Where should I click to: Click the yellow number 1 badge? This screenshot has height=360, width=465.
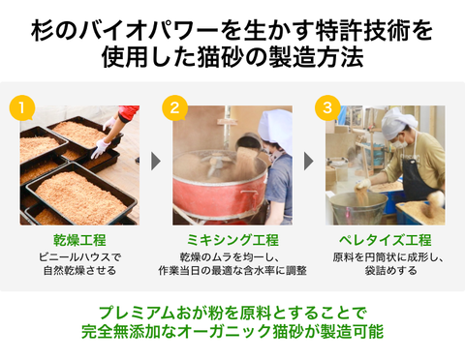click(22, 107)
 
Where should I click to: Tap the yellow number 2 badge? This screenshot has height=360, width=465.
click(174, 107)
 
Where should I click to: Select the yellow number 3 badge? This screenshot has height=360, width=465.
click(327, 107)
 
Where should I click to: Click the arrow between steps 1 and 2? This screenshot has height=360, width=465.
click(156, 161)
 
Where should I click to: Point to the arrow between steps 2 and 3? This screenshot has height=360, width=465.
click(308, 161)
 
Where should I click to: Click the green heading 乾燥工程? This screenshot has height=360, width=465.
click(79, 240)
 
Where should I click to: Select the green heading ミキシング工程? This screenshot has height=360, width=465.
click(232, 240)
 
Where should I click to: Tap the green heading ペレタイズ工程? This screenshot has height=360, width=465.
click(386, 240)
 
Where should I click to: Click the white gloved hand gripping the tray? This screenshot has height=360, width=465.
click(101, 148)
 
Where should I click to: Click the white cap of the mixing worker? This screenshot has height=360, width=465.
click(276, 129)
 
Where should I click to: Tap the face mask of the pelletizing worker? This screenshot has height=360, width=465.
click(399, 142)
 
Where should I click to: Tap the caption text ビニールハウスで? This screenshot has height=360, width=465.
click(79, 257)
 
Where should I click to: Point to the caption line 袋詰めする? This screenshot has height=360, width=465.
click(391, 270)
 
